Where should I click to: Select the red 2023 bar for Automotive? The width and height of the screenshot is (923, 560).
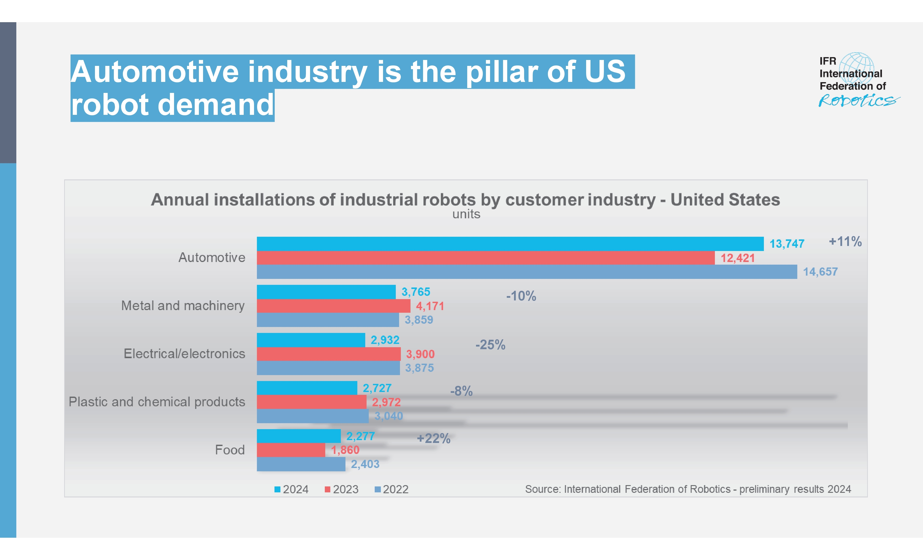pos(485,258)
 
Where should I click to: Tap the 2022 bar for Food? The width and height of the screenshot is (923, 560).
pos(301,464)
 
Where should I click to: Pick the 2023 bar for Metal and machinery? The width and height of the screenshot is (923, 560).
pos(333,306)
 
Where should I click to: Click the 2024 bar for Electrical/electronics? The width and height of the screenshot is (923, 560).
pos(311,340)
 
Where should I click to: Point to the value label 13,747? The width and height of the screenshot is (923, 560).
pos(787,244)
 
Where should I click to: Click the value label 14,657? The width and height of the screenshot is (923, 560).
pos(820,272)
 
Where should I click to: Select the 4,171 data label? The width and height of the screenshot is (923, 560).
pos(430,306)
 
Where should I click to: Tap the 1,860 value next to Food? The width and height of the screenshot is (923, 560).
pos(345,450)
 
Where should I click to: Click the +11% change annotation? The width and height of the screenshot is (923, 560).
pos(845,241)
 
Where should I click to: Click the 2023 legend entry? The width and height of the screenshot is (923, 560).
pos(342,489)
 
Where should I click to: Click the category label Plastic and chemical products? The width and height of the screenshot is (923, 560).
pos(156,402)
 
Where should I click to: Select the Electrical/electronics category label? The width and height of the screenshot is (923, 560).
pos(184,354)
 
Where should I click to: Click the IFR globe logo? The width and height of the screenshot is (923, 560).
pos(857,67)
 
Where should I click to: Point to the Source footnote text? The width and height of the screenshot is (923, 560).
pos(688,489)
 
